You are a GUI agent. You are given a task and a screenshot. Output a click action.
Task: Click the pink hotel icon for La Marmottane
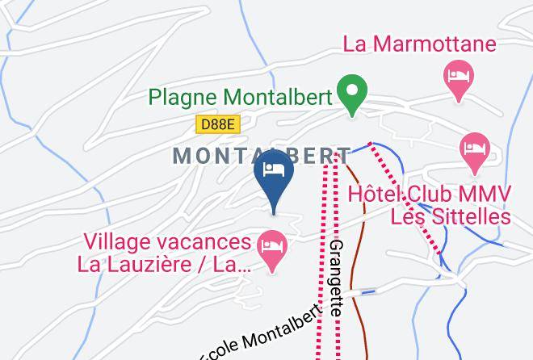[x=460, y=79]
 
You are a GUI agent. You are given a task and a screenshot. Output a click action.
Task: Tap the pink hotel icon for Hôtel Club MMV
[x=474, y=150]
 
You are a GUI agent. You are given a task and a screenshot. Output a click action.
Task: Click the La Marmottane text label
[x=420, y=44]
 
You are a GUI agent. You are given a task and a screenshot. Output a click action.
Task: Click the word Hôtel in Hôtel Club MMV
[x=374, y=195]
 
